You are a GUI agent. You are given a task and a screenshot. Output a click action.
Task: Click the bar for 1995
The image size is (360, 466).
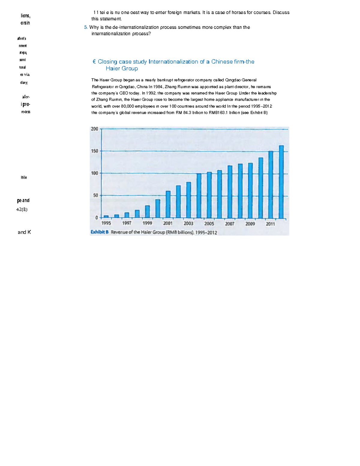106,216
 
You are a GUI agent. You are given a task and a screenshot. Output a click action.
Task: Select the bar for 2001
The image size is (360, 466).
168,205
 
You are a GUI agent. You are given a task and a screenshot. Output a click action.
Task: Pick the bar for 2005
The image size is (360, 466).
209,195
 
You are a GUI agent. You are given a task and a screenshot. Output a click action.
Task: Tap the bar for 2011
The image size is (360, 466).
271,185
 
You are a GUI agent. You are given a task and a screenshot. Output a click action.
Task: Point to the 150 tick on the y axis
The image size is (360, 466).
95,151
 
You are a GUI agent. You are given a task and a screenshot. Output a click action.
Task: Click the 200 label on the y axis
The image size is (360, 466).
94,129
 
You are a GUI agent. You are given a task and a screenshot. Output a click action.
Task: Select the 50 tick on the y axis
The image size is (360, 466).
95,195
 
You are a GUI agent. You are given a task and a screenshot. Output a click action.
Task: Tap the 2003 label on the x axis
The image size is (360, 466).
188,224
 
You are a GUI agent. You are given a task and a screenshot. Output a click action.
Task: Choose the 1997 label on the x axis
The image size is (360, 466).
127,223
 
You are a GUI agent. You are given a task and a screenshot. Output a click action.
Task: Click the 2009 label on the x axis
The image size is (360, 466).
250,224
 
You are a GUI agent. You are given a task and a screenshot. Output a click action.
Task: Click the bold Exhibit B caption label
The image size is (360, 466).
100,232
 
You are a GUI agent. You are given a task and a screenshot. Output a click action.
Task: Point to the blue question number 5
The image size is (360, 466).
86,27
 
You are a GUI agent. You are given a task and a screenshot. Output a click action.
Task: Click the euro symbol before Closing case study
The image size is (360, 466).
94,62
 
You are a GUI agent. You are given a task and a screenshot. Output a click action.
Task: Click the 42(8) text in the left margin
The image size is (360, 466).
22,209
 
